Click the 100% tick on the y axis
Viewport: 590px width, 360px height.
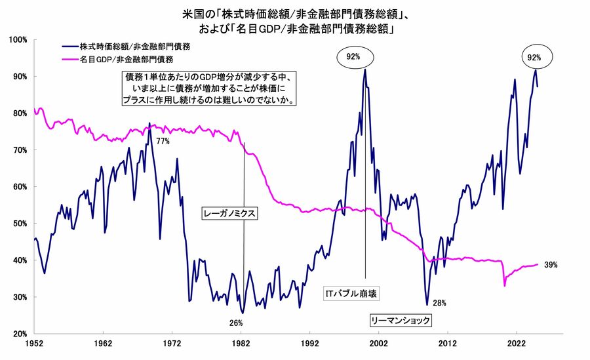18,40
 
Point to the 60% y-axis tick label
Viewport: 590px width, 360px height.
20,187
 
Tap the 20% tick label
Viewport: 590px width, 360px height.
20,334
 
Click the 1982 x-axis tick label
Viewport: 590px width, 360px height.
241,343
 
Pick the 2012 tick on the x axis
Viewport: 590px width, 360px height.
448,343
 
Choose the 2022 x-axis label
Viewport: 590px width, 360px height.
517,343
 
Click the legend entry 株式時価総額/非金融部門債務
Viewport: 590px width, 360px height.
135,47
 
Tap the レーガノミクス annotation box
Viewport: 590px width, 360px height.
228,213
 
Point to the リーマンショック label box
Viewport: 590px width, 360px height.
400,320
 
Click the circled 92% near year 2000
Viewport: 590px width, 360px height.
354,57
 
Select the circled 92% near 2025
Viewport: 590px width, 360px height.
534,58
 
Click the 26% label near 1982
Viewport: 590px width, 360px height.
236,323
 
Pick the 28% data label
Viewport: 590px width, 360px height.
439,303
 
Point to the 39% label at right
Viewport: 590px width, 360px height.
551,265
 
